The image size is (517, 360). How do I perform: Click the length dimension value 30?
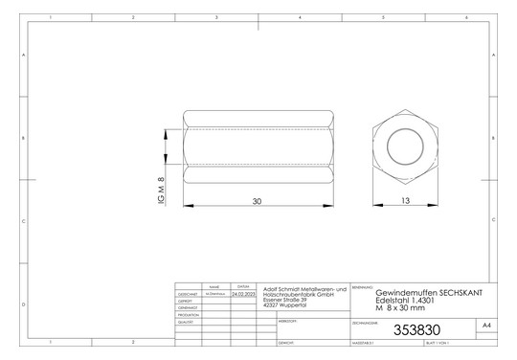(256, 201)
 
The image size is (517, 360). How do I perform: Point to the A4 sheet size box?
(486, 326)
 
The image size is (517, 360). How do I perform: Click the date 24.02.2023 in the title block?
(244, 294)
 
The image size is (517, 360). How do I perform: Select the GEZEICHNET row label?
(188, 294)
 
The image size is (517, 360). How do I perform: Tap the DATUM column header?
(244, 286)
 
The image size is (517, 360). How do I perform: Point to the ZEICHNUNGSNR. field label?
(368, 322)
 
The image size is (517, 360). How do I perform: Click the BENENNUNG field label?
(362, 286)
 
